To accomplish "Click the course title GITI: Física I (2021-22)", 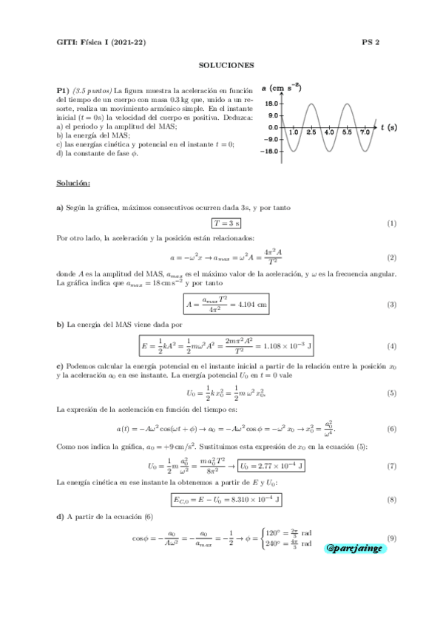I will click(x=101, y=42).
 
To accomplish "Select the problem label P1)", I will click(x=63, y=89).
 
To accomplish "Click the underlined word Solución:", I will click(x=73, y=182).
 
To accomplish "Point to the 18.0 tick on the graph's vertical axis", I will click(x=271, y=104).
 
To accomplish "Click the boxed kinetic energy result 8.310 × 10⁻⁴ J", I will click(x=227, y=501).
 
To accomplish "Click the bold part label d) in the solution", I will click(x=61, y=520).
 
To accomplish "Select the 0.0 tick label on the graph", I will click(x=272, y=127).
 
